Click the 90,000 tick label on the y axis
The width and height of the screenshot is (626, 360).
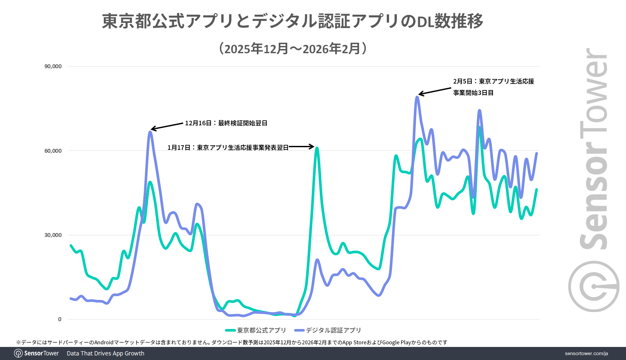(x=53, y=66)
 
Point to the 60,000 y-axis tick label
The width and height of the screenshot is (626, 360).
(x=53, y=151)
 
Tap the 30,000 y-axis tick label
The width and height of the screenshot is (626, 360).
(x=53, y=235)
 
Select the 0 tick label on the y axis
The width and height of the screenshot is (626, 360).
(x=60, y=319)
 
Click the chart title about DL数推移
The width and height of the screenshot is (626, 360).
(x=292, y=21)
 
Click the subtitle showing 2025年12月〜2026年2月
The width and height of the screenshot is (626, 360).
(x=293, y=49)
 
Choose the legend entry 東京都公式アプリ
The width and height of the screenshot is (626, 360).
(x=256, y=330)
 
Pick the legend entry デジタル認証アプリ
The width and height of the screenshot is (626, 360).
(x=328, y=330)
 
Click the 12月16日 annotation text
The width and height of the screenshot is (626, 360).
(x=226, y=123)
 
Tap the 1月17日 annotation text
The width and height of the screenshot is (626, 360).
(x=228, y=148)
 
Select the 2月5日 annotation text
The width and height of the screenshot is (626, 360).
(x=493, y=87)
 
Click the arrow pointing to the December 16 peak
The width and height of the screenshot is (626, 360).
(x=167, y=126)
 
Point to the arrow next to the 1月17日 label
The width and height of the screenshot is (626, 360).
(x=301, y=147)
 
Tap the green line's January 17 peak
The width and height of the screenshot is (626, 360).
(x=317, y=148)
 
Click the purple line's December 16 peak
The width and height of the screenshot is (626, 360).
(x=150, y=132)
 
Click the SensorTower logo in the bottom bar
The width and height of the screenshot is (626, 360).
(x=37, y=353)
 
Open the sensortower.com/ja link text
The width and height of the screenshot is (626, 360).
(x=586, y=353)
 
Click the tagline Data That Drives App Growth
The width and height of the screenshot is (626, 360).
(x=105, y=353)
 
